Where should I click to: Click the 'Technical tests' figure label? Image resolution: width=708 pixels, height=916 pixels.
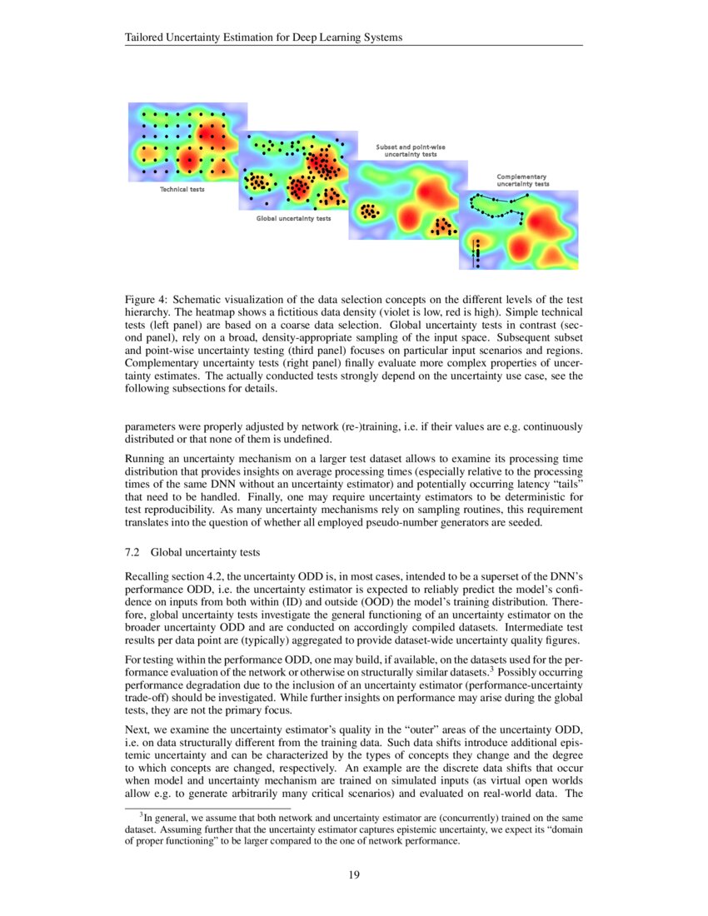[x=182, y=189]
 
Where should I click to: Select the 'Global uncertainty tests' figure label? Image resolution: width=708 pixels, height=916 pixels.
[x=293, y=218]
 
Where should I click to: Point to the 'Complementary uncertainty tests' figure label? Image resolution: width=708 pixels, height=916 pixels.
[x=522, y=179]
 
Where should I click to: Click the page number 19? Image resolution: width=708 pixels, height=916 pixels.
[x=354, y=874]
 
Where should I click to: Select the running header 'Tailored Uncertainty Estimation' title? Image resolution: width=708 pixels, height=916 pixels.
[x=263, y=37]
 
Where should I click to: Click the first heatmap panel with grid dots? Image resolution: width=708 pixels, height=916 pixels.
[x=187, y=142]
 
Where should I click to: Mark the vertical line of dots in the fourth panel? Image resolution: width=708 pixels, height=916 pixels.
[x=477, y=252]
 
